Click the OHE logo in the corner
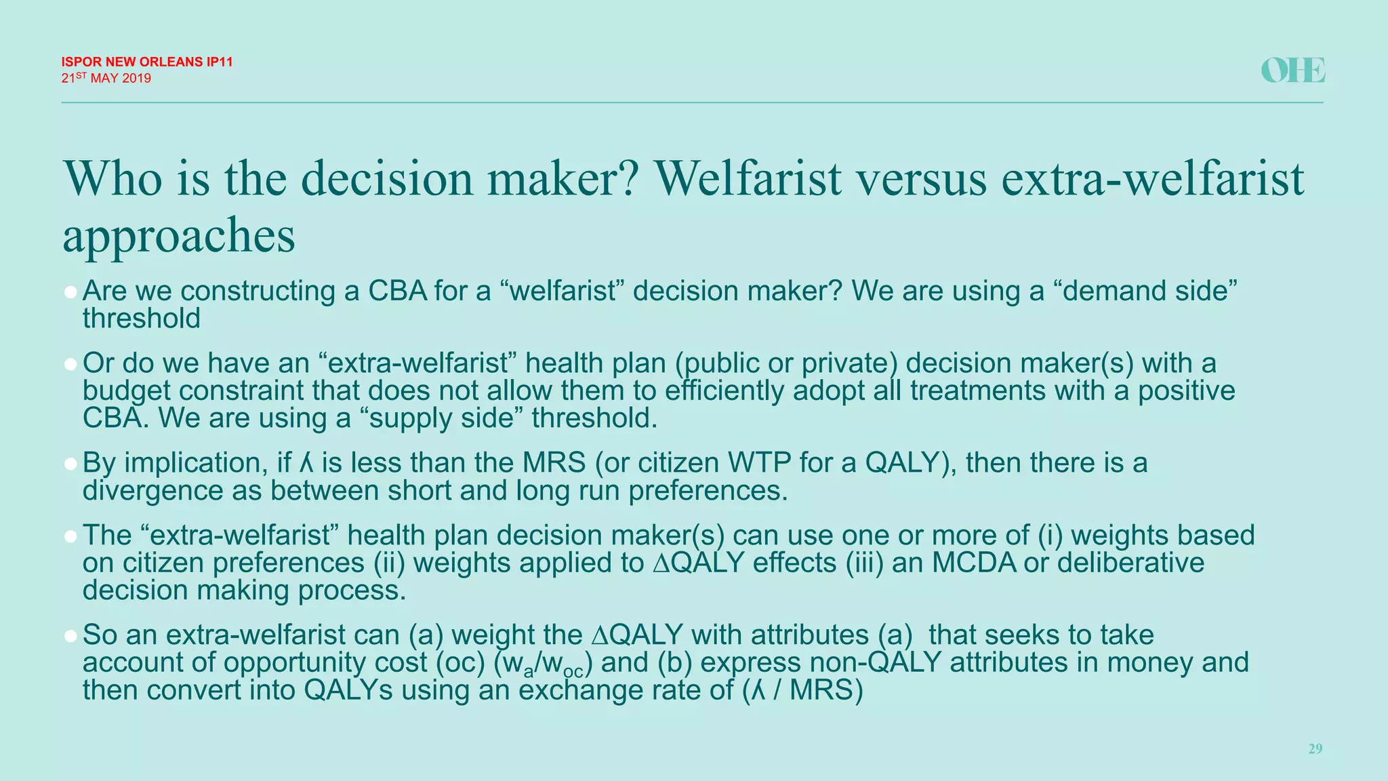(1292, 71)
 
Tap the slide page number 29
(1315, 748)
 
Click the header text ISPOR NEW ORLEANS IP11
(147, 62)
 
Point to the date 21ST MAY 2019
(106, 78)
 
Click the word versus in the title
(921, 178)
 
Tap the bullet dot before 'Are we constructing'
(70, 292)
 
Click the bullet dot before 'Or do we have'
(70, 365)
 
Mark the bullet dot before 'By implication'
(70, 464)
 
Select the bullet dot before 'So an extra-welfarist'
(70, 637)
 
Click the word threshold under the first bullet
(142, 319)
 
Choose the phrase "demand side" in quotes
(1145, 291)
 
